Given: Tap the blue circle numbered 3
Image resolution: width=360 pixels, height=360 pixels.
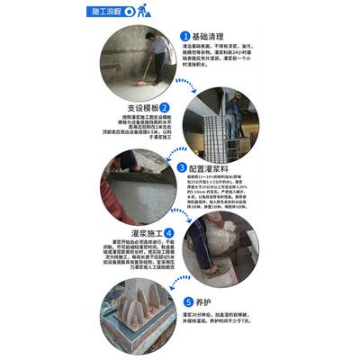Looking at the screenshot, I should [183, 167].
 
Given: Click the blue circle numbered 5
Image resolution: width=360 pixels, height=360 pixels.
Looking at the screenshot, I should [187, 303].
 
